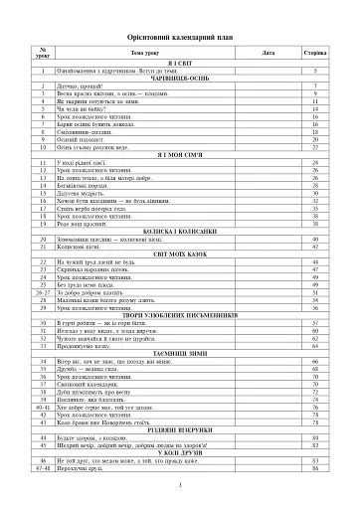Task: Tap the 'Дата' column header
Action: [268, 51]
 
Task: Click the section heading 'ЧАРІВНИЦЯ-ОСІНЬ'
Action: [180, 80]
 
